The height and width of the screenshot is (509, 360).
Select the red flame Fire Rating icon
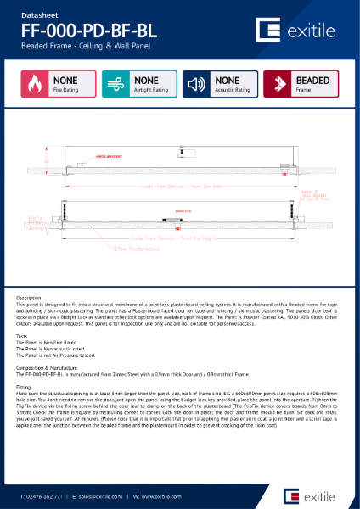tap(36, 83)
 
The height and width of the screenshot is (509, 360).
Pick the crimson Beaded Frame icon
tap(278, 83)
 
